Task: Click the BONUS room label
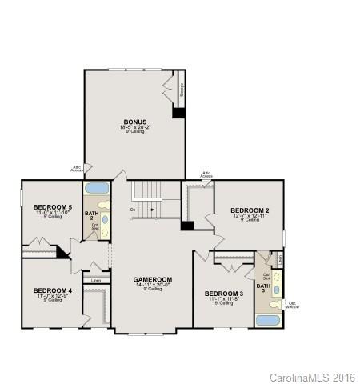[134, 121]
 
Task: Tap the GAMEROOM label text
[152, 279]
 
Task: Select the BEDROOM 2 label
[250, 210]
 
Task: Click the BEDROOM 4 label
[53, 290]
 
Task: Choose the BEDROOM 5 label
[53, 207]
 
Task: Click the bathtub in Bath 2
[97, 190]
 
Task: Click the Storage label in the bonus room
[182, 90]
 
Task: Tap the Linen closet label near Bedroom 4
[96, 281]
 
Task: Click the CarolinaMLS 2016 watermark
[313, 376]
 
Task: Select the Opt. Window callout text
[293, 305]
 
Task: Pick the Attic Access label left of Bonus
[77, 168]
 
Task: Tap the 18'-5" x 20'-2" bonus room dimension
[134, 127]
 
